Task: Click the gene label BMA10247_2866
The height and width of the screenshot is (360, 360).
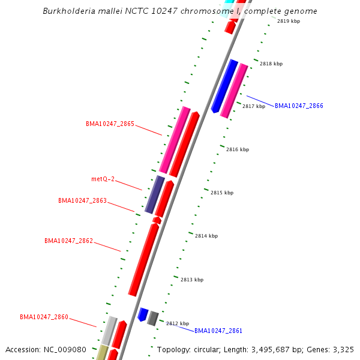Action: click(299, 106)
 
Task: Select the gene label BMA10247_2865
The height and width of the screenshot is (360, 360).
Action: click(110, 124)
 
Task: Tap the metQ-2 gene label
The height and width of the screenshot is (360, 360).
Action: click(103, 179)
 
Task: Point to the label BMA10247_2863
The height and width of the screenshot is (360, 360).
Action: click(82, 200)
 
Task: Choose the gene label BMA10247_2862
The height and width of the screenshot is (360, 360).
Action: click(68, 241)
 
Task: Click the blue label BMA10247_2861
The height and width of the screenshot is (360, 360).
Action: click(218, 331)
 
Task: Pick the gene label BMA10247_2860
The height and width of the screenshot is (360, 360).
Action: click(44, 317)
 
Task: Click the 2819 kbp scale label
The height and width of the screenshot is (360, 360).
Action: click(289, 21)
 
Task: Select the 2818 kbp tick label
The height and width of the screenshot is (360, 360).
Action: click(271, 64)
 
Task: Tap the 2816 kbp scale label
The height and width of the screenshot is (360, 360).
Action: click(238, 149)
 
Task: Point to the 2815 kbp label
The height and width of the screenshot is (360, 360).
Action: click(222, 193)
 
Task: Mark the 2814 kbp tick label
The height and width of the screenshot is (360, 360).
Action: click(206, 236)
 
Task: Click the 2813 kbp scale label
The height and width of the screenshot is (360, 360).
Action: click(192, 280)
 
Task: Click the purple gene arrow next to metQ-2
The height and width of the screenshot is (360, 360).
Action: click(155, 194)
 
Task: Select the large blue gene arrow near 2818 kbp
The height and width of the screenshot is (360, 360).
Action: click(224, 86)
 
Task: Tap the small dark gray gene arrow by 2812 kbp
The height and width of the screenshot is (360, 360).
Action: click(154, 318)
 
